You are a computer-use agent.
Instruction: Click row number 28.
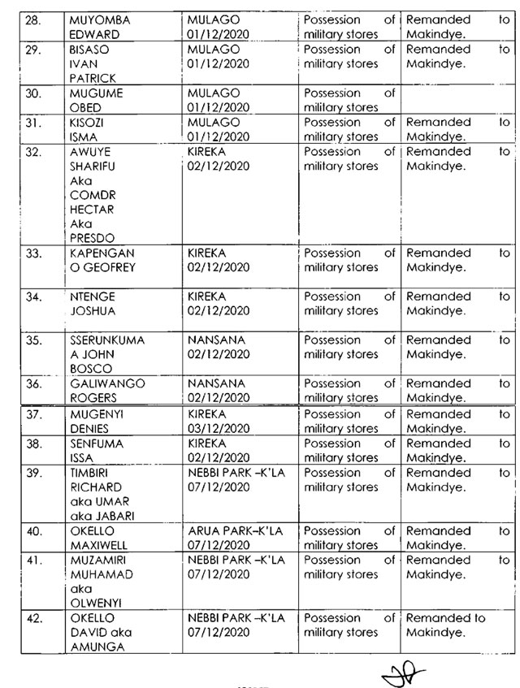coord(32,19)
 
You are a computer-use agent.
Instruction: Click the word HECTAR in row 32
coord(92,210)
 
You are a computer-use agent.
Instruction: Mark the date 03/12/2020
coord(215,428)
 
